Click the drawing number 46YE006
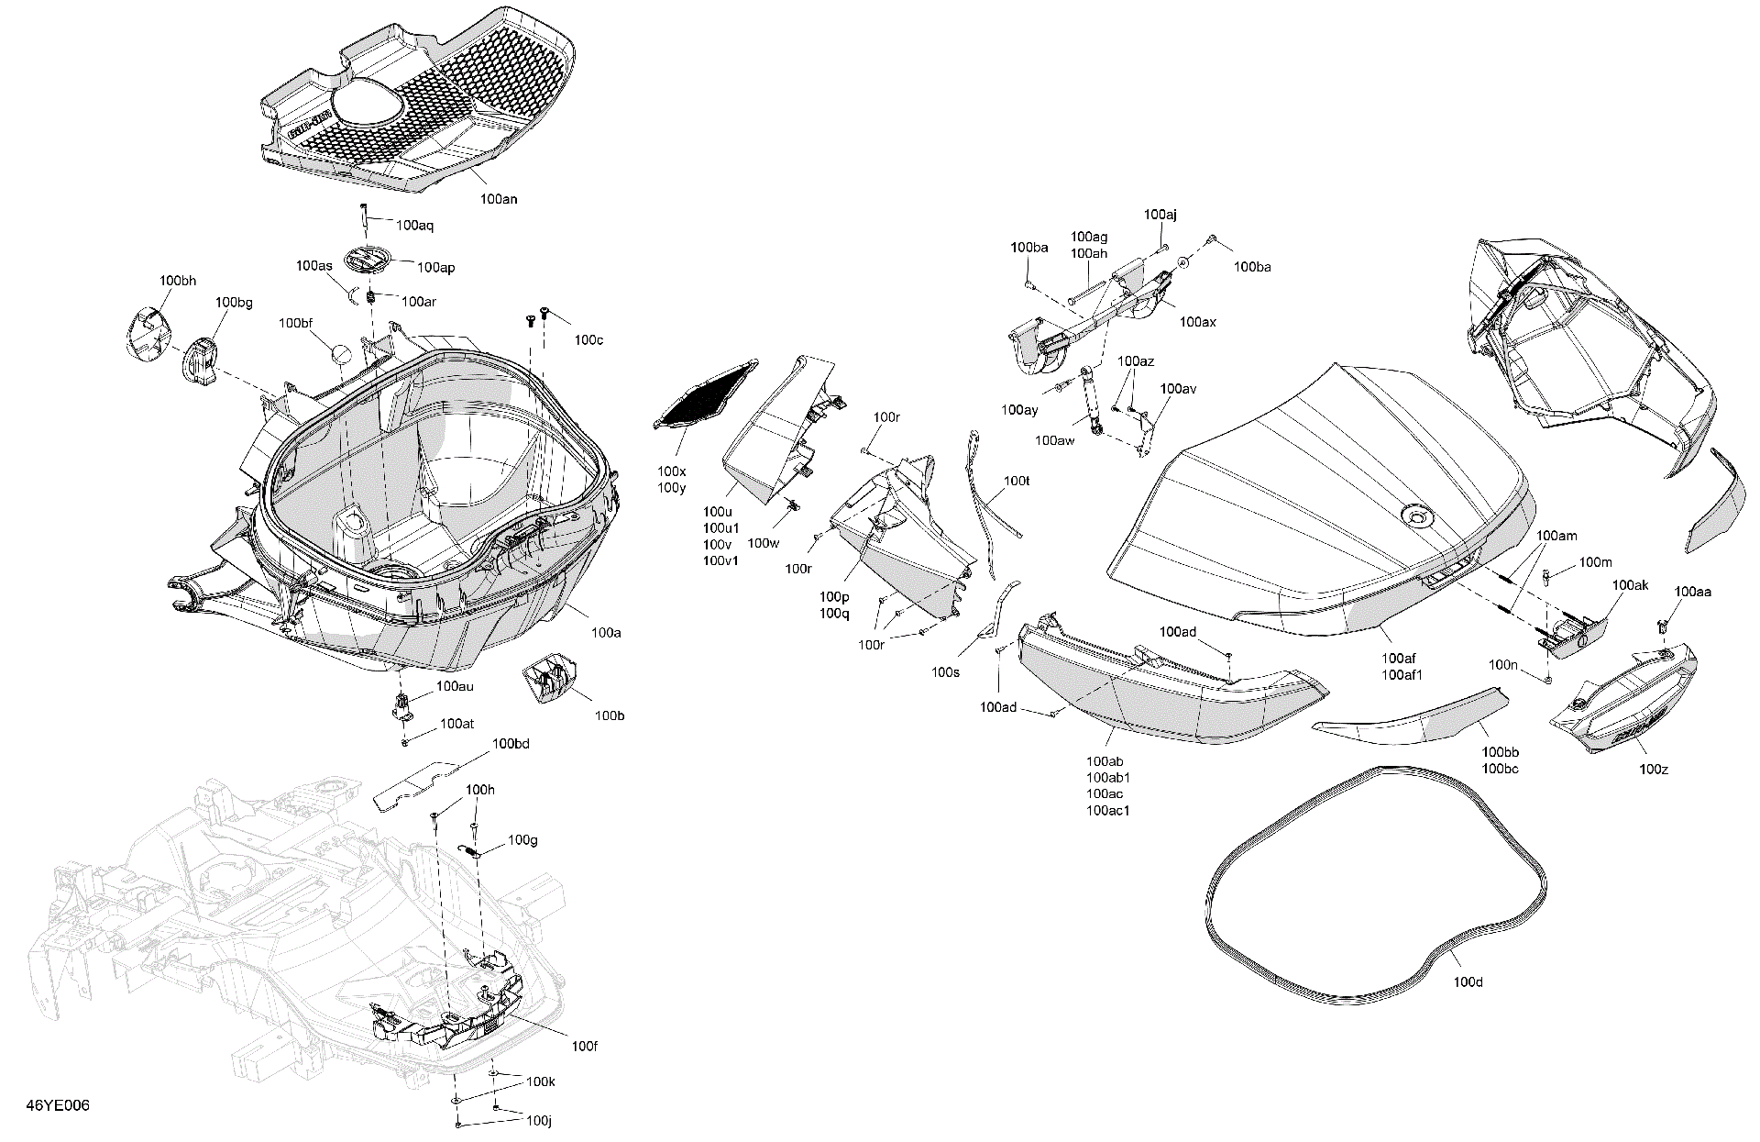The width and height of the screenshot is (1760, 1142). tap(58, 1105)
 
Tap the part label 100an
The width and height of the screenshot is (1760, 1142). tap(499, 198)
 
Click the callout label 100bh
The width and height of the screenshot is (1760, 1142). tap(177, 281)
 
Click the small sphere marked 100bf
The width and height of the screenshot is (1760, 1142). tap(340, 353)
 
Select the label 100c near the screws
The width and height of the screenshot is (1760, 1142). tap(588, 339)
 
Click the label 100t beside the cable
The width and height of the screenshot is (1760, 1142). tap(1017, 481)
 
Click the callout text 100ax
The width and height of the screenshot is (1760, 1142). tap(1197, 322)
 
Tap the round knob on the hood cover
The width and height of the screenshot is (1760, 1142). tap(1415, 516)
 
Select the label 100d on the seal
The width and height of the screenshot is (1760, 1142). tap(1468, 982)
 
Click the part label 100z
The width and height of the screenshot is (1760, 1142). tap(1653, 769)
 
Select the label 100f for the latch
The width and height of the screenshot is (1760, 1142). tap(584, 1046)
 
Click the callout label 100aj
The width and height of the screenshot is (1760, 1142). tap(1160, 215)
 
